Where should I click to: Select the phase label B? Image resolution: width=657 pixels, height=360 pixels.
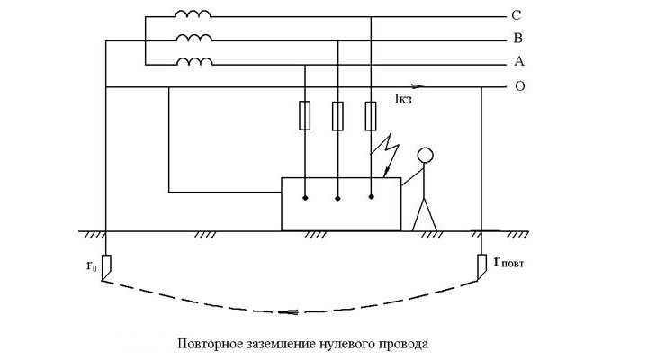coord(517,40)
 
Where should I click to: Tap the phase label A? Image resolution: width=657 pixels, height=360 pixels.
coord(518,62)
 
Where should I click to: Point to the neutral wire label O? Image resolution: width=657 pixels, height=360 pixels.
coord(519,87)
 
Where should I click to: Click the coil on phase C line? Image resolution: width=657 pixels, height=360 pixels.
coord(193,14)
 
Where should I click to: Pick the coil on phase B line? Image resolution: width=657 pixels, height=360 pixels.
coord(193,39)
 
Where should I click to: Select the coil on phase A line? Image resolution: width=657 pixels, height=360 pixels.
coord(193,62)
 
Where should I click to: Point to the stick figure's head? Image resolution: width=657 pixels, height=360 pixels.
coord(426,155)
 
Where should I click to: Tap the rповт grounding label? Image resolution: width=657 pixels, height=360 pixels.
coord(511,265)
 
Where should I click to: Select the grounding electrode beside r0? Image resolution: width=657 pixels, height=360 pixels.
coord(105,266)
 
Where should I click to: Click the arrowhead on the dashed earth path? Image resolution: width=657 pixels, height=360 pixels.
coord(288,311)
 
